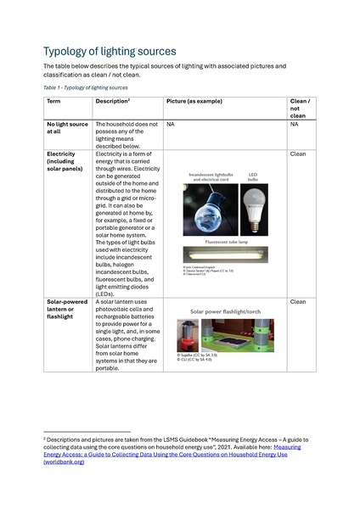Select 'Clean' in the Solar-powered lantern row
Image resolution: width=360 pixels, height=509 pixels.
tap(298, 301)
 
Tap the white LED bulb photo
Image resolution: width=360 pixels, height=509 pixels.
tap(253, 209)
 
